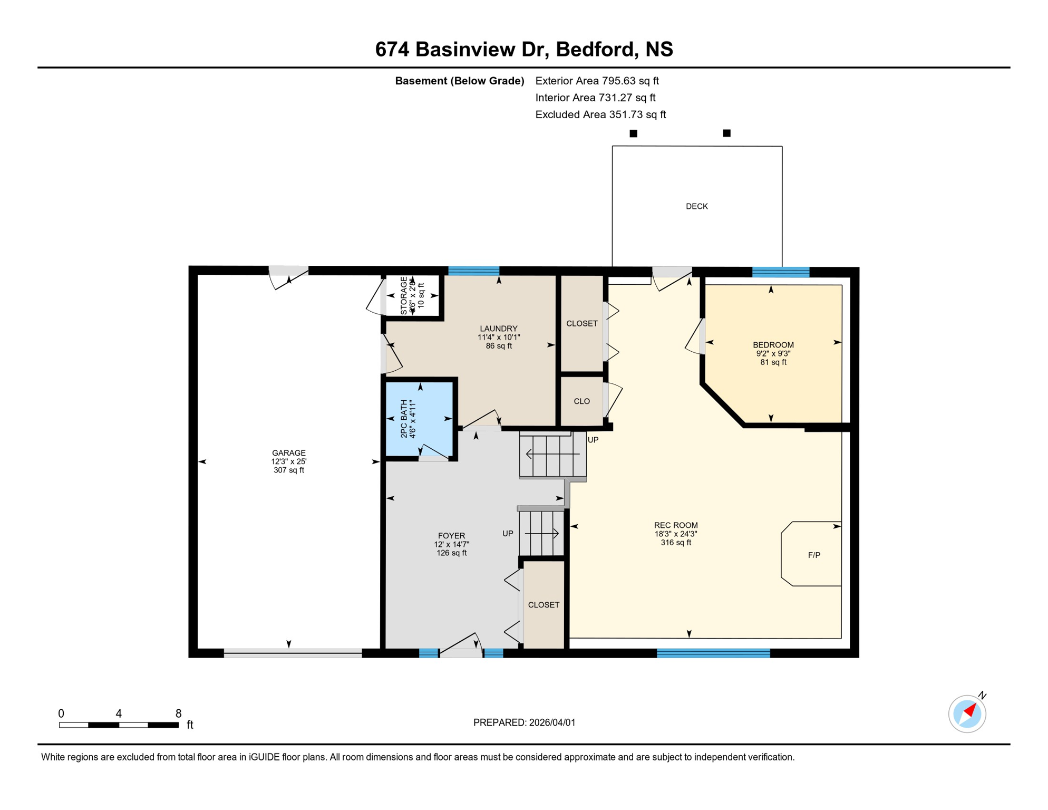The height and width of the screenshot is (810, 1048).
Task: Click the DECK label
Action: (696, 206)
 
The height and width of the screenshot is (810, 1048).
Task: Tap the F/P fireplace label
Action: (813, 555)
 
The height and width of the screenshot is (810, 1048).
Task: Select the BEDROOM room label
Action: (773, 345)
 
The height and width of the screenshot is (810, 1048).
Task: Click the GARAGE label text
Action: (288, 452)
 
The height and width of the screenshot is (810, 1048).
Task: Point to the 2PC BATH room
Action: (420, 419)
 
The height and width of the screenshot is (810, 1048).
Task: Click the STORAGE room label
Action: (404, 296)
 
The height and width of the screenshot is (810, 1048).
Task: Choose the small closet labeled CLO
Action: (581, 401)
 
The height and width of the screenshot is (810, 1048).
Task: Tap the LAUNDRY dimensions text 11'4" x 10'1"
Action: (499, 337)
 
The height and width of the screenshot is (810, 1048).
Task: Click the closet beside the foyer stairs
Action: (544, 605)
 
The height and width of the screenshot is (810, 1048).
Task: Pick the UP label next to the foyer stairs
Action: (508, 534)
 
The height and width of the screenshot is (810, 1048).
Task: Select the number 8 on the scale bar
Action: (179, 713)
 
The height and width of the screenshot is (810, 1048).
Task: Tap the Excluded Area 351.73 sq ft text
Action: (600, 114)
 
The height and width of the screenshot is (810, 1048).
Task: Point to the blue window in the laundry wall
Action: (473, 271)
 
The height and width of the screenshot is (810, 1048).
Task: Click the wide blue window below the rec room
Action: (713, 653)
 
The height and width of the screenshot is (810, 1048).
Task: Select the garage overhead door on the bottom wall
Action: (293, 653)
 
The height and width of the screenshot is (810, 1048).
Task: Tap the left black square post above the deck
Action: (634, 133)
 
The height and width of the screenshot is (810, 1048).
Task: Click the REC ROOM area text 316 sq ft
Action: (676, 542)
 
